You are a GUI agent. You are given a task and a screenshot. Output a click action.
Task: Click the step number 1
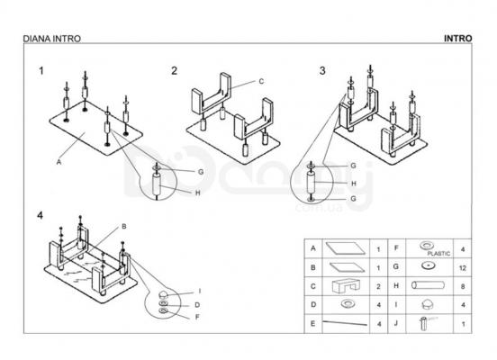(41, 71)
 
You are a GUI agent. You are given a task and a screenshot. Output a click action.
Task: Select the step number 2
(174, 71)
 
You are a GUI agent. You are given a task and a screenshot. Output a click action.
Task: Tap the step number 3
(322, 70)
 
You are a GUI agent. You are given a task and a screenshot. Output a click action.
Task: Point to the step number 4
(40, 215)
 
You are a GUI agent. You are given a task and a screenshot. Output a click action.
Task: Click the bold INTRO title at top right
(457, 39)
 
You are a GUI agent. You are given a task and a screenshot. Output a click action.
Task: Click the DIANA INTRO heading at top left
(52, 39)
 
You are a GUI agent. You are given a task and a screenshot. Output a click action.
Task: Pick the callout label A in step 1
(59, 162)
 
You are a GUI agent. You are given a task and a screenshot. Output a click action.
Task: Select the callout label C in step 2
(261, 81)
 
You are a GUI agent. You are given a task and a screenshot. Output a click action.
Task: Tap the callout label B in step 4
(124, 227)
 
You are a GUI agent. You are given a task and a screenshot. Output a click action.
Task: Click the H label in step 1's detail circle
(198, 193)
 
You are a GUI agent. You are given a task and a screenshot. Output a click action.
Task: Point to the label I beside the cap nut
(199, 292)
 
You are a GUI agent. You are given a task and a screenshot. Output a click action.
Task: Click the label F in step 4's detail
(197, 317)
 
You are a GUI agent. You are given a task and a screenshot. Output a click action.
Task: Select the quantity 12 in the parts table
(463, 268)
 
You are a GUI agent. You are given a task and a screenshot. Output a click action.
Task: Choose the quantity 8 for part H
(463, 287)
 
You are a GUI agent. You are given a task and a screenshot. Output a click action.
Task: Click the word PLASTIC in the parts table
(438, 254)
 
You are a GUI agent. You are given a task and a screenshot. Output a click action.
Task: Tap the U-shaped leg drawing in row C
(346, 286)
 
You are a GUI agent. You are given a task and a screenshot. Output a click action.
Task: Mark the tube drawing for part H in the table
(428, 285)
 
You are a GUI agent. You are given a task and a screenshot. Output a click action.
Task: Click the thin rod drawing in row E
(345, 323)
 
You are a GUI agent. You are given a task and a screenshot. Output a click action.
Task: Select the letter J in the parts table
(396, 323)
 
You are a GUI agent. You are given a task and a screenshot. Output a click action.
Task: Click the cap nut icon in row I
(428, 304)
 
